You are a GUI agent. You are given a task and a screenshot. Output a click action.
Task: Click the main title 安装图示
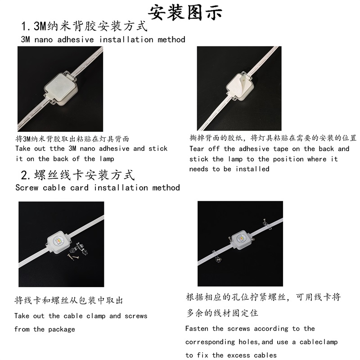(185, 13)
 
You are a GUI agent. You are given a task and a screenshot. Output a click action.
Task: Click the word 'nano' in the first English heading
(44, 40)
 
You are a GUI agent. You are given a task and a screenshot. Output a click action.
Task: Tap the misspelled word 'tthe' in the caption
(57, 148)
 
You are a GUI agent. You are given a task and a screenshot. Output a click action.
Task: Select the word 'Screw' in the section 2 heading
(27, 188)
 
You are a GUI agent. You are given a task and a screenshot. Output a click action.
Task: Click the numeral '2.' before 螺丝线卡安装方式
(26, 175)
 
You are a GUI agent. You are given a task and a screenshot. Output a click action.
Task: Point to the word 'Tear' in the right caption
(197, 149)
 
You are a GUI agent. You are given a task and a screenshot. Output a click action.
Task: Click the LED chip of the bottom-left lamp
(58, 241)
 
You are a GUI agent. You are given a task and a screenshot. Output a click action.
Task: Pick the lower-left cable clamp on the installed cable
(217, 256)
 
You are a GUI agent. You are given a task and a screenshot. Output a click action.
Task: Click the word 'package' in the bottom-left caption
(62, 329)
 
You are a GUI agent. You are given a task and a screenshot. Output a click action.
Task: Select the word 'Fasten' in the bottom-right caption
(197, 328)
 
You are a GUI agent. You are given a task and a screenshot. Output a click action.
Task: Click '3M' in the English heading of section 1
(25, 40)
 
